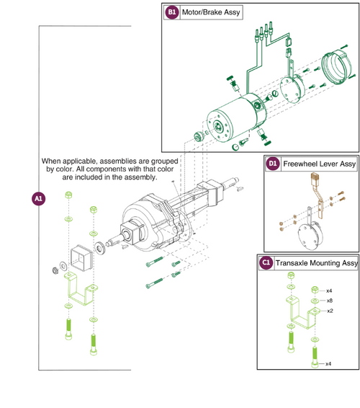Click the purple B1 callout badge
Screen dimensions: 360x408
click(172, 12)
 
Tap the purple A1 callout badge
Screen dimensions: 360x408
click(38, 199)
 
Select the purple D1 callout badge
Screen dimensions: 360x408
click(273, 164)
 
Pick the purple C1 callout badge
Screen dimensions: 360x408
click(266, 262)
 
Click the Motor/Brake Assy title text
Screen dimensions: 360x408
click(211, 12)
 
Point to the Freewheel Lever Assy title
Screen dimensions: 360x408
click(319, 164)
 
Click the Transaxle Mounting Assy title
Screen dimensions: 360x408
click(316, 263)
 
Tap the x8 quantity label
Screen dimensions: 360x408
click(329, 301)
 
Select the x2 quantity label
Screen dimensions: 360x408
click(330, 311)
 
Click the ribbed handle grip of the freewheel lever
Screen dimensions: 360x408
click(315, 178)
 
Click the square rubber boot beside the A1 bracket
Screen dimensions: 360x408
click(81, 257)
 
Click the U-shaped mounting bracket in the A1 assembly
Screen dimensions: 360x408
click(81, 289)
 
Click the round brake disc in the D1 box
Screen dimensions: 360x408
click(310, 236)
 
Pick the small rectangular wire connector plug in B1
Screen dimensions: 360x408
click(289, 41)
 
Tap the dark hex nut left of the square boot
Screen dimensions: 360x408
click(55, 270)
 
